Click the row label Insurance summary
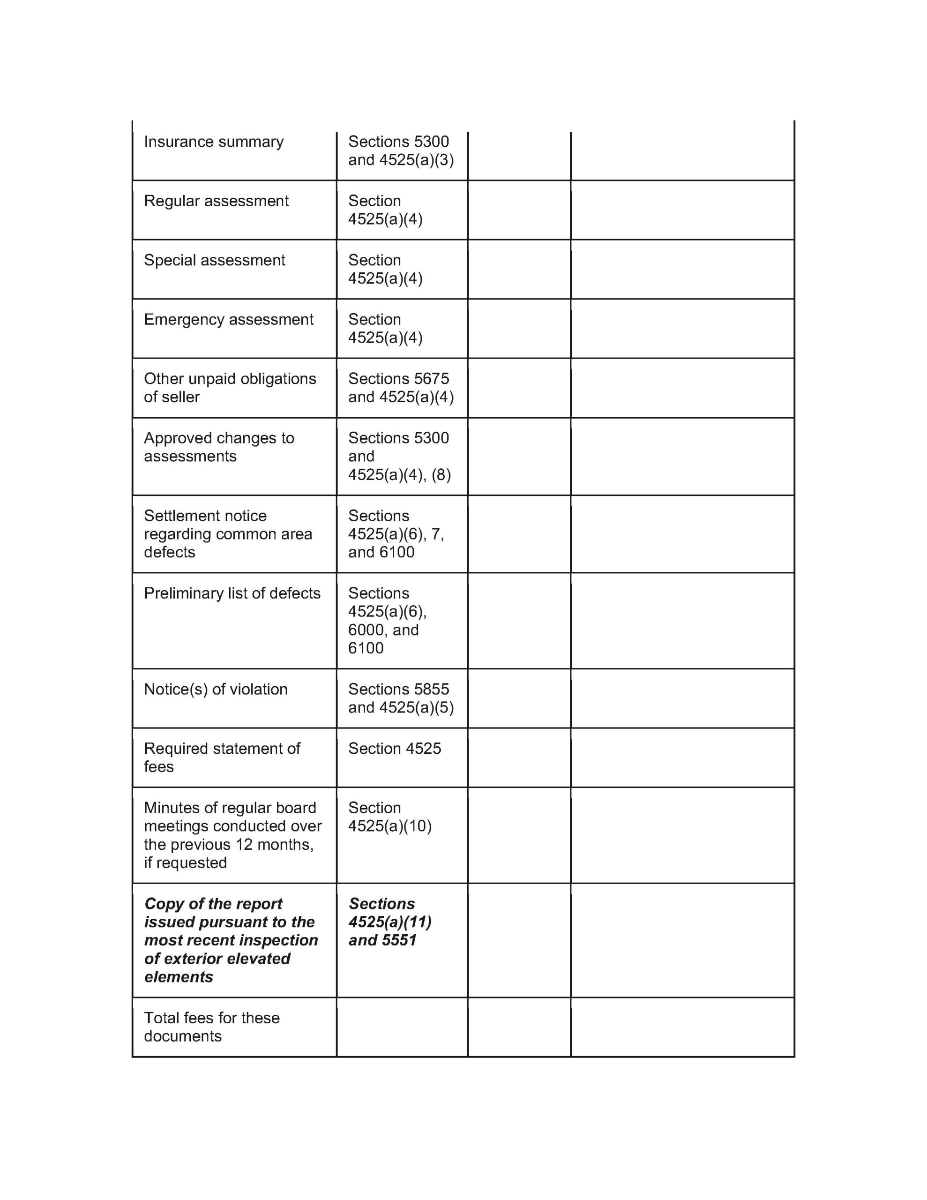click(213, 142)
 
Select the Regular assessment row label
click(216, 201)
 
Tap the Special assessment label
click(214, 261)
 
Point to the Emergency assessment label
click(229, 320)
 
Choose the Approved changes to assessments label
click(219, 447)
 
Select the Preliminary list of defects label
click(232, 593)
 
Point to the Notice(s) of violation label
click(216, 690)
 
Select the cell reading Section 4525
click(394, 749)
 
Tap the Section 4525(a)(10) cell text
click(389, 817)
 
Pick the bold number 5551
click(399, 940)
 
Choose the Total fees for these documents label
click(211, 1027)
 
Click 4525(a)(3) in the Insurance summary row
click(416, 160)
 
